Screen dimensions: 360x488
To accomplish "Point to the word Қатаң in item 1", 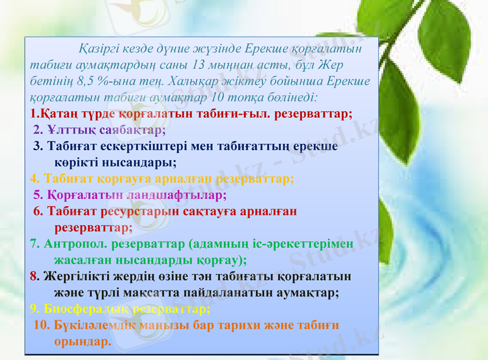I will click(x=61, y=113).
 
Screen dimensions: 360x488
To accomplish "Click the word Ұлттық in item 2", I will click(x=67, y=129).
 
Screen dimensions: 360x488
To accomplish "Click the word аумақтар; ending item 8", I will click(x=300, y=292).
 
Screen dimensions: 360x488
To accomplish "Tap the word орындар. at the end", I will click(x=83, y=341).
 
